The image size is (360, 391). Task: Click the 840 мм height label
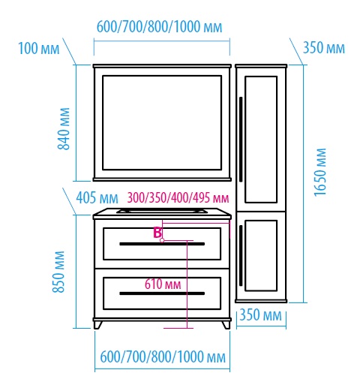pyautogui.click(x=64, y=129)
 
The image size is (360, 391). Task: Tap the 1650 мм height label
pyautogui.click(x=320, y=173)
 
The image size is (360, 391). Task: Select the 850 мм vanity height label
pyautogui.click(x=58, y=272)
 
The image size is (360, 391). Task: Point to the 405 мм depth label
pyautogui.click(x=97, y=198)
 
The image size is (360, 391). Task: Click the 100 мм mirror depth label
pyautogui.click(x=39, y=48)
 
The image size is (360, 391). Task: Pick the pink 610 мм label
pyautogui.click(x=163, y=284)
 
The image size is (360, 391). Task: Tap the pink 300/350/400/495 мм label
pyautogui.click(x=178, y=197)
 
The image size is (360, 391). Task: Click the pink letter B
pyautogui.click(x=157, y=233)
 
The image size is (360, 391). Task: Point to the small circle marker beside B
pyautogui.click(x=162, y=240)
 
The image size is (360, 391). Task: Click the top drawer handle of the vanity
pyautogui.click(x=162, y=244)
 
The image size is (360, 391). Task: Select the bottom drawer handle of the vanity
pyautogui.click(x=162, y=293)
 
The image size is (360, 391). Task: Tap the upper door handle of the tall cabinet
pyautogui.click(x=241, y=140)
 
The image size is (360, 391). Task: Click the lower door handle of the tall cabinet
pyautogui.click(x=241, y=255)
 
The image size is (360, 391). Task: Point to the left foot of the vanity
pyautogui.click(x=97, y=325)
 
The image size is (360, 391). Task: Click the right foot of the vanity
pyautogui.click(x=226, y=325)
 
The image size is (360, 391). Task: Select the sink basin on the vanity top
pyautogui.click(x=162, y=211)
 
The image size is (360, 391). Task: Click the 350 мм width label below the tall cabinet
pyautogui.click(x=261, y=314)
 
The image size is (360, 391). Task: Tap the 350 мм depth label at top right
pyautogui.click(x=324, y=47)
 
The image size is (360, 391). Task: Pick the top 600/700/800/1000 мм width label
pyautogui.click(x=159, y=27)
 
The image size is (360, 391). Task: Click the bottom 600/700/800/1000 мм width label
pyautogui.click(x=163, y=356)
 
